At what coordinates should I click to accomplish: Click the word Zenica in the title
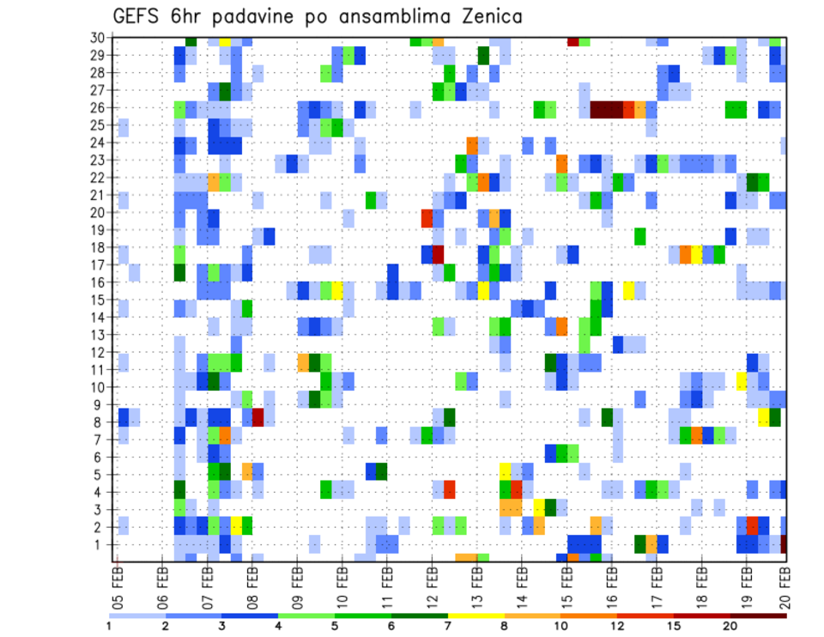pyautogui.click(x=483, y=16)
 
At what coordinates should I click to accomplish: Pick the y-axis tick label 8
pyautogui.click(x=100, y=422)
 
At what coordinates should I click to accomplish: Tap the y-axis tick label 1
pyautogui.click(x=100, y=544)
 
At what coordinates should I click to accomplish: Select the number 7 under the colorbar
pyautogui.click(x=449, y=626)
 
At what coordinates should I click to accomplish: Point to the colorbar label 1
pyautogui.click(x=109, y=626)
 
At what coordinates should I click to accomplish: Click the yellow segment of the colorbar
pyautogui.click(x=476, y=615)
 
